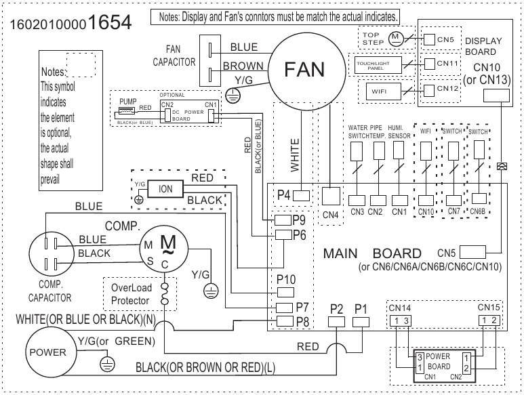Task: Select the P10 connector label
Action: click(x=287, y=278)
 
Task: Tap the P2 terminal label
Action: click(x=337, y=308)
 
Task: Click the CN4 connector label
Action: click(x=331, y=215)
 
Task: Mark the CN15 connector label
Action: click(x=489, y=308)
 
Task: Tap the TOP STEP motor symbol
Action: click(x=395, y=38)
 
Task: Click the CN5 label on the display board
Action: click(x=445, y=40)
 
